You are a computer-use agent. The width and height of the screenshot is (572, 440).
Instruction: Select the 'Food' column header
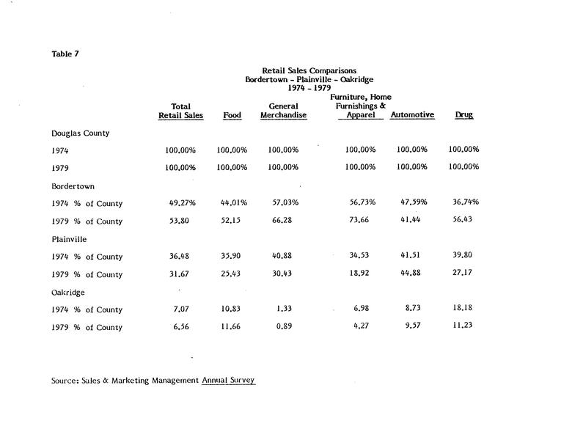[232, 115]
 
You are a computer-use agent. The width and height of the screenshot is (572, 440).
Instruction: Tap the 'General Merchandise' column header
[283, 111]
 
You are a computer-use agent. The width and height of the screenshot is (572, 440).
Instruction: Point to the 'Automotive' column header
[412, 115]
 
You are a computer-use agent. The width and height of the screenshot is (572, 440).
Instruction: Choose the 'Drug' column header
[463, 115]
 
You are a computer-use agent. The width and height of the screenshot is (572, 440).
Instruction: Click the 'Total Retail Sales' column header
[180, 111]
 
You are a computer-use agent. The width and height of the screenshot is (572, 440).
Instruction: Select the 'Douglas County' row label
[81, 133]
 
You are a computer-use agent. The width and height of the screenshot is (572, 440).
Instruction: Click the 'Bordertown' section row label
[73, 186]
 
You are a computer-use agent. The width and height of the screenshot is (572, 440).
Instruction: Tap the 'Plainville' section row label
[70, 239]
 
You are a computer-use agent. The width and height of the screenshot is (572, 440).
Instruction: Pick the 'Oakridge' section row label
[68, 292]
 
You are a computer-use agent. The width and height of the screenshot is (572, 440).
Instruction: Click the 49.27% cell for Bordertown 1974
[180, 203]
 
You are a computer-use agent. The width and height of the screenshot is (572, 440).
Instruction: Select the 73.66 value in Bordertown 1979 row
[360, 221]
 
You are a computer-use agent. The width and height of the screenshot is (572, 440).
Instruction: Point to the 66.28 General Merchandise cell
[283, 221]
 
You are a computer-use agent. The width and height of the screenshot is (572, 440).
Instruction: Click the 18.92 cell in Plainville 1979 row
[360, 274]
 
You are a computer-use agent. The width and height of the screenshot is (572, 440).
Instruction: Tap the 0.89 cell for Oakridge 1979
[283, 327]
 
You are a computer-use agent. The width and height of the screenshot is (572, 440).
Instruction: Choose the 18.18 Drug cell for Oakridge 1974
[463, 309]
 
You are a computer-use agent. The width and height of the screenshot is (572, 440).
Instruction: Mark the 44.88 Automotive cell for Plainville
[412, 274]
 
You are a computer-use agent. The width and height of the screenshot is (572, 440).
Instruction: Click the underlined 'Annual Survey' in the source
[229, 381]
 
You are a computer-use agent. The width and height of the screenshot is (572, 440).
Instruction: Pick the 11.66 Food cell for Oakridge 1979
[232, 327]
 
